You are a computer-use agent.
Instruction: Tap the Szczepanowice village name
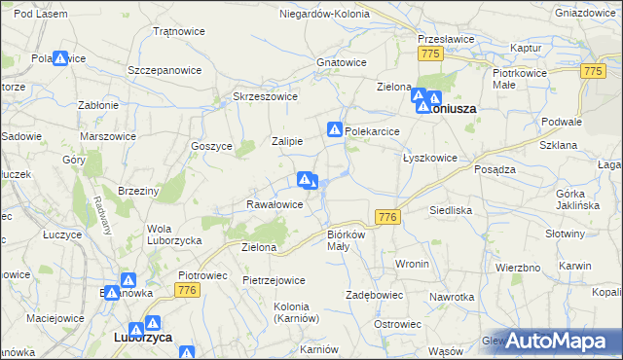[x=165, y=71]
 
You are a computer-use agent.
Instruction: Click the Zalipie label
[x=287, y=141]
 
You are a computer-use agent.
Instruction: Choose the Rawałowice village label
[x=274, y=204]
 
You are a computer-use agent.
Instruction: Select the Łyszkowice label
[x=429, y=157]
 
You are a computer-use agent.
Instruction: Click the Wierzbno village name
[x=518, y=267]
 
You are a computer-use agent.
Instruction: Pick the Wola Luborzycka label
[x=173, y=234]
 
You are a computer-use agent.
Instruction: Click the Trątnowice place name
[x=178, y=31]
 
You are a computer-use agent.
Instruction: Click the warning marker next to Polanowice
[x=60, y=59]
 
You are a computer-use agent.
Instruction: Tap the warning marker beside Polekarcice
[x=335, y=129]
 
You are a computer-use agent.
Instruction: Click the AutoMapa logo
[x=559, y=340]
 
